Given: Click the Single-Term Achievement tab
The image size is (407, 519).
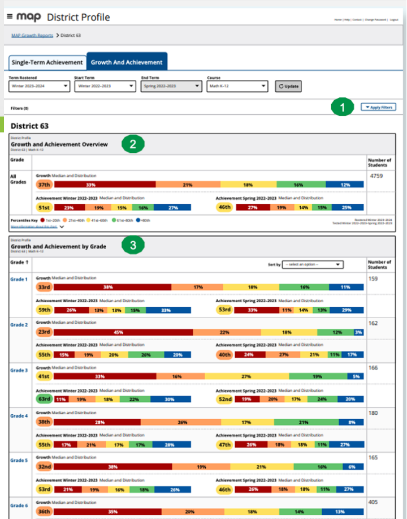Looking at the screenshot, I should [x=46, y=62].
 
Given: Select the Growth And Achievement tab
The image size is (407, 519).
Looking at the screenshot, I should [x=127, y=62].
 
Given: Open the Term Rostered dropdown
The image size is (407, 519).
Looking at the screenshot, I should [x=40, y=87].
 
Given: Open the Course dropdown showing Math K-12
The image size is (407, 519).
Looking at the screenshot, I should [x=237, y=87].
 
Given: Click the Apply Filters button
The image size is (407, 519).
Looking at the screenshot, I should [x=378, y=107].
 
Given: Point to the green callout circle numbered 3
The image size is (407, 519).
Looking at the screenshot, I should [x=132, y=246].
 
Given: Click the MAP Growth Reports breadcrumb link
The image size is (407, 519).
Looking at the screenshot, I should [x=32, y=35].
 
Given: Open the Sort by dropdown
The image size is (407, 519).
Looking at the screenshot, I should [x=313, y=264].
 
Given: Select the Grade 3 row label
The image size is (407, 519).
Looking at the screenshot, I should [x=19, y=370].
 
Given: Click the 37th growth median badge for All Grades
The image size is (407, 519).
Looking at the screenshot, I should [x=44, y=185].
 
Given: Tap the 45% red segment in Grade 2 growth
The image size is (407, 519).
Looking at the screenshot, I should [x=119, y=332].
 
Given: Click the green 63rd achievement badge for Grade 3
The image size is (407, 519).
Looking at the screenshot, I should [x=44, y=399].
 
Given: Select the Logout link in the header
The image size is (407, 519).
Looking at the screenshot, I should [x=394, y=20].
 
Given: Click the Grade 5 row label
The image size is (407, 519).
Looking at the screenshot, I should [x=19, y=461].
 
